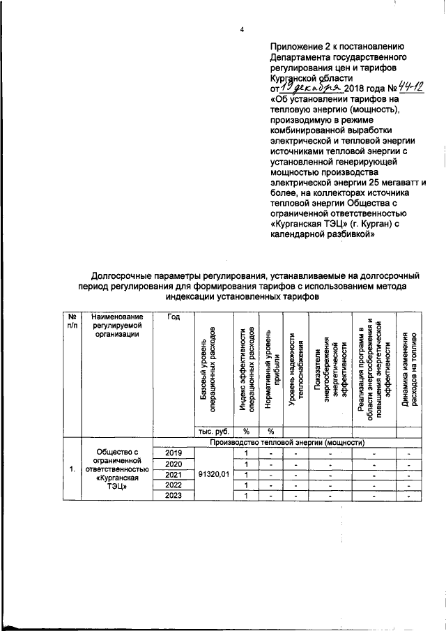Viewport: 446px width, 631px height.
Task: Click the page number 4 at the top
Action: click(242, 29)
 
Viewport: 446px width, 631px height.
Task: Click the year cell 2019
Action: click(174, 453)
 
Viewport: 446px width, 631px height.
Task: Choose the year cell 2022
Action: click(174, 485)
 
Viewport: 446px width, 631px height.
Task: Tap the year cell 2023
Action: click(174, 496)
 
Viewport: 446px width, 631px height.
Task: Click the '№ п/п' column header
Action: click(72, 321)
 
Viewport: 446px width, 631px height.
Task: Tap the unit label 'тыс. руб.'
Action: click(211, 431)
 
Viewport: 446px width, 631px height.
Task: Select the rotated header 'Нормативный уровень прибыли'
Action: click(272, 373)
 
